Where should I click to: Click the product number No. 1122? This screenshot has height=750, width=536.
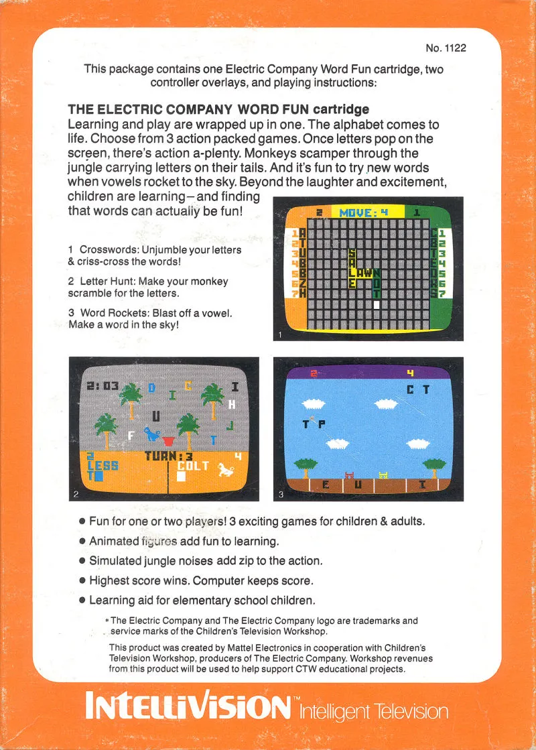click(x=446, y=48)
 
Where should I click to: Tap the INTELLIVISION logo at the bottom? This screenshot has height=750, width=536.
click(x=188, y=705)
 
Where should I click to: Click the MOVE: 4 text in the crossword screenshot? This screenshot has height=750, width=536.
click(x=363, y=212)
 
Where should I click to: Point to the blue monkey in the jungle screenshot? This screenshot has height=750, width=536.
click(x=153, y=434)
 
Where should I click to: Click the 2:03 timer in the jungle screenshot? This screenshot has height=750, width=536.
click(x=103, y=385)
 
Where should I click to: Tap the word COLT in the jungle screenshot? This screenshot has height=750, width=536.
click(x=193, y=466)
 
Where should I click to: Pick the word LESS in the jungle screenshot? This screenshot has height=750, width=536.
click(x=103, y=465)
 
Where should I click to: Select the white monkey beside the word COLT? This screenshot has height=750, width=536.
click(x=226, y=469)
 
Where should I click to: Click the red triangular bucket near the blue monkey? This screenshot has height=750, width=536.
click(x=167, y=440)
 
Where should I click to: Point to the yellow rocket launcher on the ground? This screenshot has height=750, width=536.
click(x=383, y=475)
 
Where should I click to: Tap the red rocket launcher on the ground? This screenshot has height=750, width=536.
click(x=350, y=475)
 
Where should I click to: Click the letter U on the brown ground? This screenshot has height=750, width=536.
click(x=358, y=485)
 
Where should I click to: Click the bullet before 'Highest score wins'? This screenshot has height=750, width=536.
click(x=82, y=580)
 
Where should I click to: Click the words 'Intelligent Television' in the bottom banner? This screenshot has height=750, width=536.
click(x=374, y=712)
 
